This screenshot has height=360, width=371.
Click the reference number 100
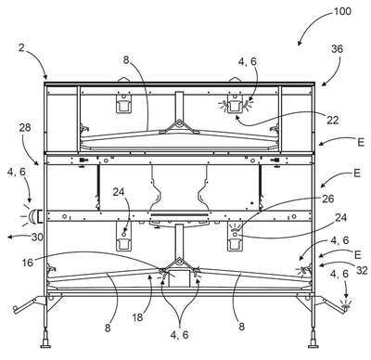[342, 11]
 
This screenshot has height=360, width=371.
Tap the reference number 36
[337, 49]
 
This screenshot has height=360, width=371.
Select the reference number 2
[21, 48]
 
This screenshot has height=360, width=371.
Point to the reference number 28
[25, 127]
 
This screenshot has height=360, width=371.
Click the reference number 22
[333, 120]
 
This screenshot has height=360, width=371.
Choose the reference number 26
[328, 199]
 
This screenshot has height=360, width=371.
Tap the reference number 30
[37, 238]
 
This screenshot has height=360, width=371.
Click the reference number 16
[28, 263]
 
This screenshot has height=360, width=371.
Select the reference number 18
[138, 317]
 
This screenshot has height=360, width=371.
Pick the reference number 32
[362, 270]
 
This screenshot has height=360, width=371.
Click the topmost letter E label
[360, 143]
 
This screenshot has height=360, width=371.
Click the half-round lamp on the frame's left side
[32, 216]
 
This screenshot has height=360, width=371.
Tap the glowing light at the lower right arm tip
[345, 306]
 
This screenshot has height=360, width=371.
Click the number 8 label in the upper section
[126, 60]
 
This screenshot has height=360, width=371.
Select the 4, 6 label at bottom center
[180, 334]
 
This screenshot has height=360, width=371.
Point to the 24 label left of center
[119, 192]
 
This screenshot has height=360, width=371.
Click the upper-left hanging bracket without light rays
[123, 103]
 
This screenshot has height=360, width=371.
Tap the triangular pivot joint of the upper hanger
[179, 126]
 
